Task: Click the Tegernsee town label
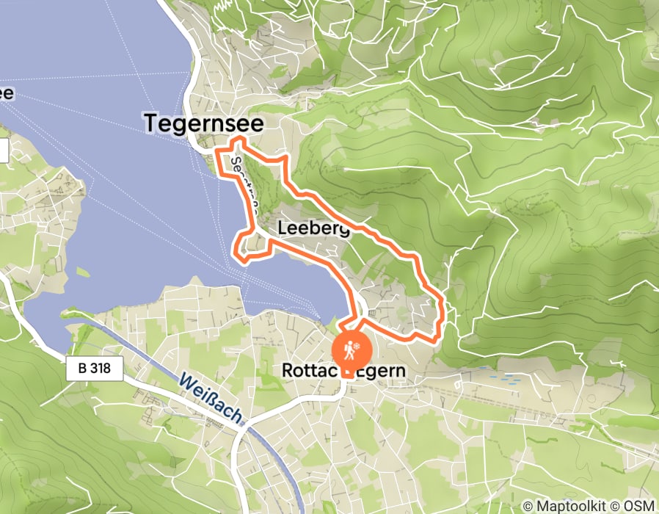tap(203, 123)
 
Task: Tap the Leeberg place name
tap(313, 229)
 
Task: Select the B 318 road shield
tap(93, 369)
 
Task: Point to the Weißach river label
tap(211, 401)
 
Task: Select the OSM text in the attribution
tap(638, 506)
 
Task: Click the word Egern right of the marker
tap(382, 372)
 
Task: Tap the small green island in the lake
tap(83, 272)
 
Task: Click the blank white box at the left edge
tap(3, 151)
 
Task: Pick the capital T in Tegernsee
tap(153, 123)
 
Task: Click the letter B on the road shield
tap(80, 369)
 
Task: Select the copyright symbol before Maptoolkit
tap(528, 506)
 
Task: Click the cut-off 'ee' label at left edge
tap(6, 93)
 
